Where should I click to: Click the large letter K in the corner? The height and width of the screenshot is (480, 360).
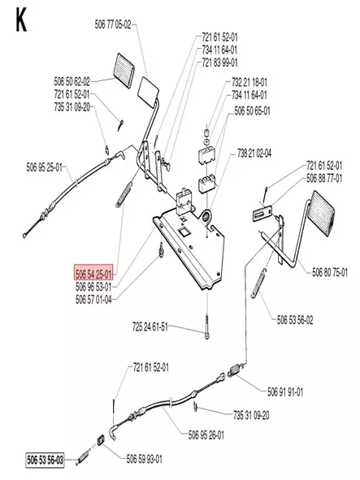point(21,20)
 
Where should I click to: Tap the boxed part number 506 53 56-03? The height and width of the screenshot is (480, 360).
point(45,461)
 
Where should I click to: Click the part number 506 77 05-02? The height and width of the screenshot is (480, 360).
point(113,24)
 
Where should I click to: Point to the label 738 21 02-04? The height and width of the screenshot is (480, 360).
point(254,153)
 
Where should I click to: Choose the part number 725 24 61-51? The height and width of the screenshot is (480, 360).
point(150,327)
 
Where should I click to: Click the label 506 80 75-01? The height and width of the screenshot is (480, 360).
point(330,272)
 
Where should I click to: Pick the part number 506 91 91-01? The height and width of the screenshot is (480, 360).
point(285,391)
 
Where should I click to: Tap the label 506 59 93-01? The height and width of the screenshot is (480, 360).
point(145,459)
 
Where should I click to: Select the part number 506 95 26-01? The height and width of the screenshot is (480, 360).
point(206,435)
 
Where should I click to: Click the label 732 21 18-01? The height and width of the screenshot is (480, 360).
point(249,82)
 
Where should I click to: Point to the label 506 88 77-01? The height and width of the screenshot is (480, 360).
point(324,178)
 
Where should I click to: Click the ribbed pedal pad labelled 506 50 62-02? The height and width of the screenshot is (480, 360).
point(124,67)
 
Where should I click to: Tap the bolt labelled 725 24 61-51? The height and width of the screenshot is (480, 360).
point(208,327)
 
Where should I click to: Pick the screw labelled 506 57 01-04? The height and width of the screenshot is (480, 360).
point(161,249)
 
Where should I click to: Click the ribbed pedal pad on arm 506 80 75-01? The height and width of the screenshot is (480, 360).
point(323,210)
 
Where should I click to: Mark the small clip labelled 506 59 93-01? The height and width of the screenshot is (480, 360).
point(100,441)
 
